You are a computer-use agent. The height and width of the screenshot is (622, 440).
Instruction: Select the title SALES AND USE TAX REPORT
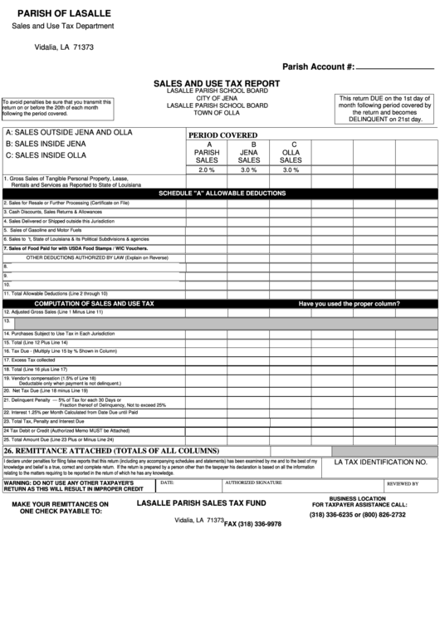(x=217, y=84)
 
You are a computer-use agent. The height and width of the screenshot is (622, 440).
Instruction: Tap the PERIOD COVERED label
(x=222, y=135)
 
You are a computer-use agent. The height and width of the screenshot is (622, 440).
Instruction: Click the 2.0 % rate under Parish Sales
(x=206, y=169)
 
